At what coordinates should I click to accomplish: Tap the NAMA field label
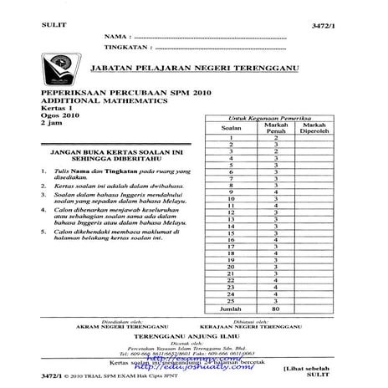(115, 38)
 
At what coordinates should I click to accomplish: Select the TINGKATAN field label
(125, 48)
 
